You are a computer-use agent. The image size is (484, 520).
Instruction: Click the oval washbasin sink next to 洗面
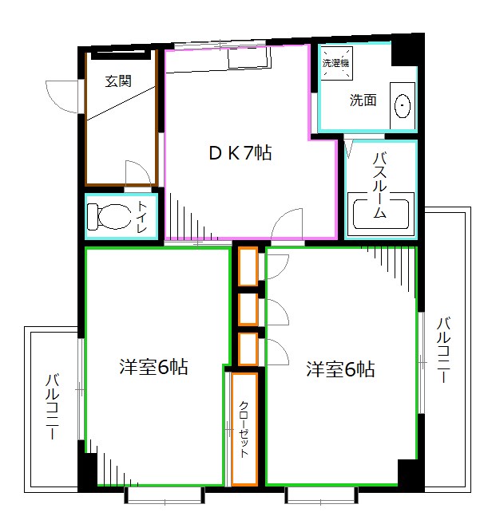click(403, 105)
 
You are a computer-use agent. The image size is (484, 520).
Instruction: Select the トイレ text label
click(143, 217)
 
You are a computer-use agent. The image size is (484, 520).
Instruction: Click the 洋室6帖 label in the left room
click(153, 368)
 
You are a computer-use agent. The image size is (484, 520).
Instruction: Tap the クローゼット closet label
click(244, 429)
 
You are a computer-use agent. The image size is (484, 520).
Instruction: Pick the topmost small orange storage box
click(248, 266)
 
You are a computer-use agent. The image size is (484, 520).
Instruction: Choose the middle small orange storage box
click(248, 309)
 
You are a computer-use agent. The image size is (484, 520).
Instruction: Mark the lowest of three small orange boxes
click(248, 349)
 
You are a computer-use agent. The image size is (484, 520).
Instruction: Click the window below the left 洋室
click(164, 497)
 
